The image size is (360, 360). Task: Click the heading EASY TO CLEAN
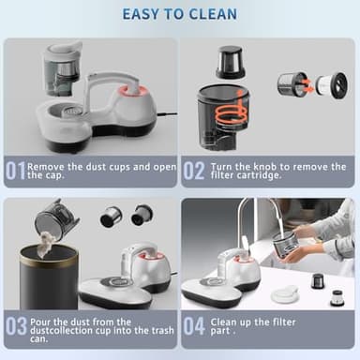point(179,14)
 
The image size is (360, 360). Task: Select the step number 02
point(194,172)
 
